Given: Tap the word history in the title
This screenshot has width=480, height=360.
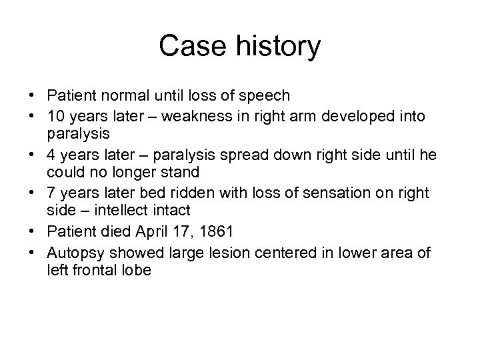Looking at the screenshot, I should (x=274, y=47).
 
